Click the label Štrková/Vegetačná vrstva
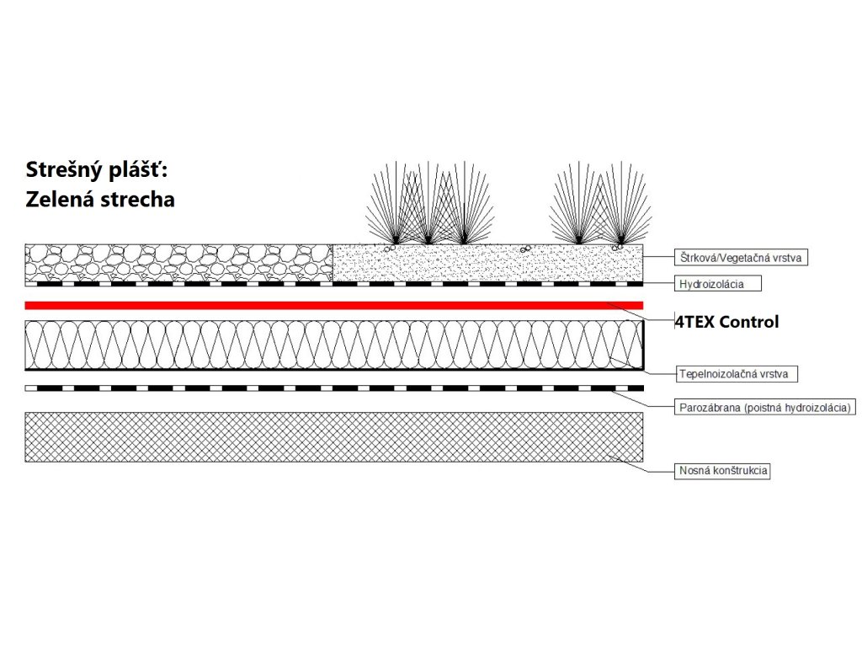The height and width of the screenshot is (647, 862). click(742, 258)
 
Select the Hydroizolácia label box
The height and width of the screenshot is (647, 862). click(721, 284)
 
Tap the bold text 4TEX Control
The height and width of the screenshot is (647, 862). click(726, 322)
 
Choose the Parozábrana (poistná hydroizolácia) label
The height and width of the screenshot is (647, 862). click(765, 409)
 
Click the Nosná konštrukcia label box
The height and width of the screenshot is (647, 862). click(723, 471)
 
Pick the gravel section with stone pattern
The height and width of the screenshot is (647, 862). click(179, 262)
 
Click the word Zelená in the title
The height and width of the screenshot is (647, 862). click(58, 201)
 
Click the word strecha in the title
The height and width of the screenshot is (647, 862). click(136, 201)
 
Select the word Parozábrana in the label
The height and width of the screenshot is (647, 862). click(707, 409)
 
